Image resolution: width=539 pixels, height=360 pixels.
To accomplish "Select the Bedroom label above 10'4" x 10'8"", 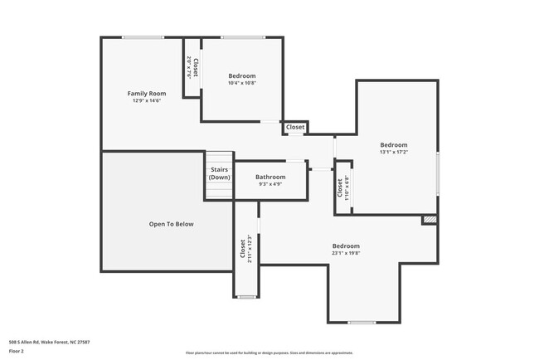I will (x=242, y=75).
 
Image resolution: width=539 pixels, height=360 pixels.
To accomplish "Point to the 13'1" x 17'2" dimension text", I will (x=394, y=152).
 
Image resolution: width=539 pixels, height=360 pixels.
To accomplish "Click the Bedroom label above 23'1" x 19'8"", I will (x=346, y=246).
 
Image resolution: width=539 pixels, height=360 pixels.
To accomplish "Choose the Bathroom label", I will (x=270, y=177).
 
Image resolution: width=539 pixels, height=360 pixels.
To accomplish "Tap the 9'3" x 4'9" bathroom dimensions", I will (x=270, y=184).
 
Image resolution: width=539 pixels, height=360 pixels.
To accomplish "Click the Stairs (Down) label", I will (x=219, y=173).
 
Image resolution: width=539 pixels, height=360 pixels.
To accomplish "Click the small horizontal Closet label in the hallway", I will (x=295, y=127).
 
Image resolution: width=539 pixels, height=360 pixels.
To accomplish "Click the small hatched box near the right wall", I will (x=429, y=220).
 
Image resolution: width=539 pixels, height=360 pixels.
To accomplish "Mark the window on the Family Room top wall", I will (x=143, y=36).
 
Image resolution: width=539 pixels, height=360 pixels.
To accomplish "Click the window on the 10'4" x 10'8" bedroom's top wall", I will (x=243, y=36).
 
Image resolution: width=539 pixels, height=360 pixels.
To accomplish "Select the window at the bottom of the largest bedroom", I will (x=362, y=322).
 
